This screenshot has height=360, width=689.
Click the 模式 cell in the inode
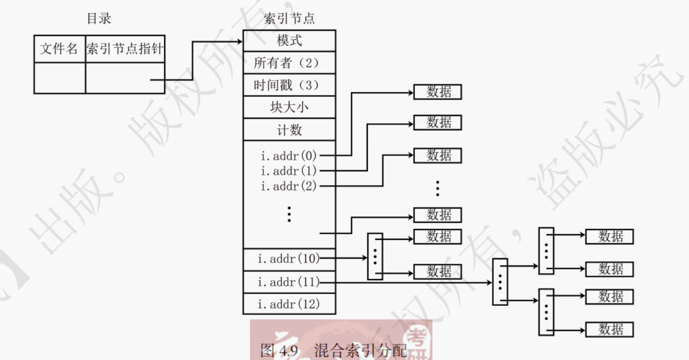pos(289,40)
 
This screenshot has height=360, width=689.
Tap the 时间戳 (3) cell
pos(289,85)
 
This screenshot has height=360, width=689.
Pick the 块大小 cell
pos(289,107)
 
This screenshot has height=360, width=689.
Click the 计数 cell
pos(289,130)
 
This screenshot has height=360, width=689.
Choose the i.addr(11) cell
pos(289,282)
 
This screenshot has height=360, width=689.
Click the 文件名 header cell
pos(59,49)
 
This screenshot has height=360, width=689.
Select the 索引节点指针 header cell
pos(125,49)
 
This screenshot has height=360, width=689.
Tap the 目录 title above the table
pos(99,19)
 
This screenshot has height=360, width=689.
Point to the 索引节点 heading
pos(289,19)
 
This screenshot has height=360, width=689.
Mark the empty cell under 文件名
pos(59,78)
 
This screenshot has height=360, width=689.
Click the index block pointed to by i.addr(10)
pos(375,256)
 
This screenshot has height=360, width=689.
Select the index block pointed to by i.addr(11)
pos(500,282)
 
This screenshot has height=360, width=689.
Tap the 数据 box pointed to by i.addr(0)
pos(437,92)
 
